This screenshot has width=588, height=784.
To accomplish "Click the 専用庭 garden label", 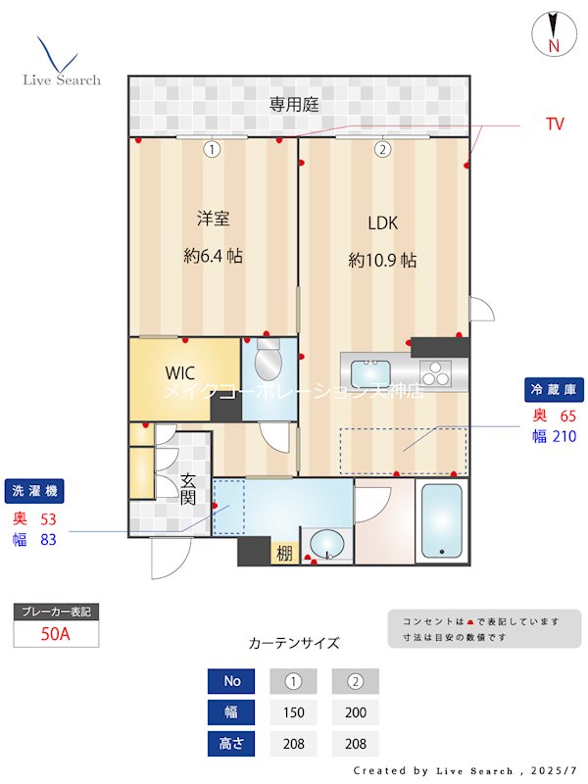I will coord(295,104).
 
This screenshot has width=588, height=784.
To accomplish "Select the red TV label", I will coord(555,124).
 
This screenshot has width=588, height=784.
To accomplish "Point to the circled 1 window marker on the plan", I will coord(211,149).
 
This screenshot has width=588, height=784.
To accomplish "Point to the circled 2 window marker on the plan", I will coord(382,149).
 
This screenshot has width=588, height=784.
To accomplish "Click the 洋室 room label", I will coord(213,219).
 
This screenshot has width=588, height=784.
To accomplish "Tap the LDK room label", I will coord(382,222).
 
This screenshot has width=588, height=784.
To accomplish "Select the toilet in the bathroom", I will coord(267,363).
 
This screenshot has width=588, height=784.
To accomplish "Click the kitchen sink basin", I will coord(370,374).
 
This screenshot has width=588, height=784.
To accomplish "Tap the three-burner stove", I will coord(435,373).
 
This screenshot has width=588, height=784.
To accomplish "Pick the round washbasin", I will coord(325,544).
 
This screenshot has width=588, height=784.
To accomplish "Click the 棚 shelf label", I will coord(284,554).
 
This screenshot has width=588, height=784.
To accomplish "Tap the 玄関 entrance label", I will coord(188,489).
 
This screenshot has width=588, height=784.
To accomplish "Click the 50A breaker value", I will coord(56,633).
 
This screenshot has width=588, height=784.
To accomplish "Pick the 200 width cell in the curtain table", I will coord(355,712).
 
